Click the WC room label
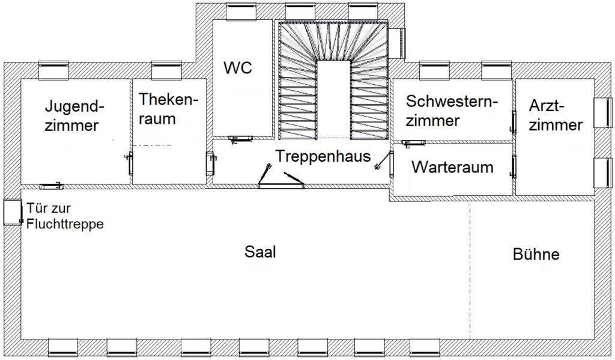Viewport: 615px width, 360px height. pos(238,67)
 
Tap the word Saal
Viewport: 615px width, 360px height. pos(260,252)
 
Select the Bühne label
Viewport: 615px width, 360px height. pos(536,254)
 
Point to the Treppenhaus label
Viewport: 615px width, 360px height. pos(323,156)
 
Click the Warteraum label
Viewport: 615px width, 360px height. pos(452,167)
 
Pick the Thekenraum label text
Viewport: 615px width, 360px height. pos(168,109)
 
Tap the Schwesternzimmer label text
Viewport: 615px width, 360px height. pos(452,111)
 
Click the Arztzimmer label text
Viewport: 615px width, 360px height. pos(556,115)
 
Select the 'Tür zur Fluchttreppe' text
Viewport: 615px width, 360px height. pos(65,216)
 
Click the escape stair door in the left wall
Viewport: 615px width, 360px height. pos(13,212)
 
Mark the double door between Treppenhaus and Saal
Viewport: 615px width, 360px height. pos(281,177)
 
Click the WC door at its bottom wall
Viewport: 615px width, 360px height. pos(240,138)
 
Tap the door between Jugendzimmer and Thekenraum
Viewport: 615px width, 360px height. pos(130,163)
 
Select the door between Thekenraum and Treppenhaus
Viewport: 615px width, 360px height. pos(211,163)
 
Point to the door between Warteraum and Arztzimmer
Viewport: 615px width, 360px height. pos(514,167)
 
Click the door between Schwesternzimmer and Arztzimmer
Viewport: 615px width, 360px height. pos(514,122)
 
